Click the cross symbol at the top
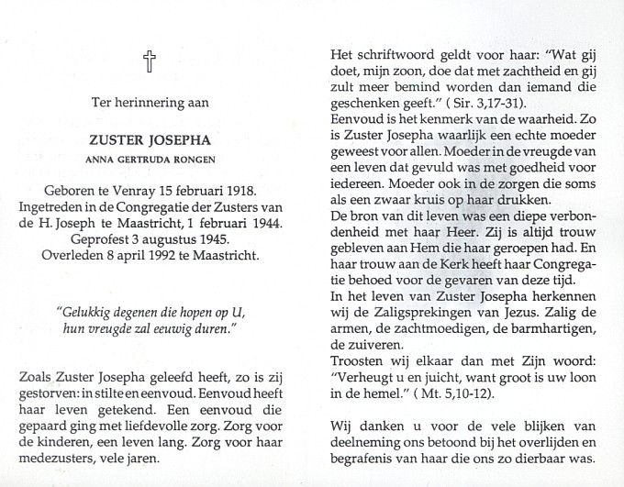click(150, 61)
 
